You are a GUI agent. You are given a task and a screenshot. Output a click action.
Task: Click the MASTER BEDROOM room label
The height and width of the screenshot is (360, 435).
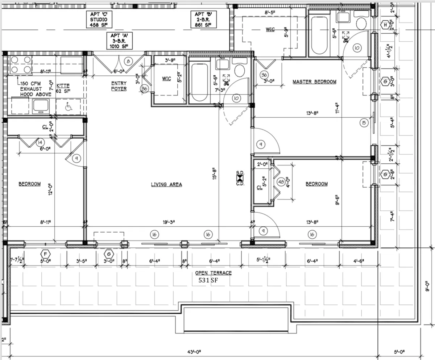(x=314, y=82)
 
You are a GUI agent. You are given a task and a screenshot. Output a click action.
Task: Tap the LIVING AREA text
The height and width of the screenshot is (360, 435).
(x=166, y=185)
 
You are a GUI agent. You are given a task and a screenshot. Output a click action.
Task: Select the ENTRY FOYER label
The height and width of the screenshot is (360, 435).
(x=119, y=86)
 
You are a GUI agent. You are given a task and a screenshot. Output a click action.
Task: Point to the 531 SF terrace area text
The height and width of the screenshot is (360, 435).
(x=210, y=280)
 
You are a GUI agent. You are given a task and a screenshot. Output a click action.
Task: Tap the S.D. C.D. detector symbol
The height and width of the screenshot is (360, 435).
(x=240, y=179)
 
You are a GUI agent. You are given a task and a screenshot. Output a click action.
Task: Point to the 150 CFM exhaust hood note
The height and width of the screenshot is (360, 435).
(x=36, y=89)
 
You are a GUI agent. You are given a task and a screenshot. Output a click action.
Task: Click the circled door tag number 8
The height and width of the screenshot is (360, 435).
(x=128, y=61)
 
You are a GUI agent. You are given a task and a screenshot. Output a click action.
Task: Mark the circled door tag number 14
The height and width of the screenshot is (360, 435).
(x=40, y=142)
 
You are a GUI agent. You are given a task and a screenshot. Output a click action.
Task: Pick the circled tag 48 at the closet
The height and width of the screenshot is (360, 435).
(x=281, y=182)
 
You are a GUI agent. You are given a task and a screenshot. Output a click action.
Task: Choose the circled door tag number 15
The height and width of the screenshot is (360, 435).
(x=364, y=123)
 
